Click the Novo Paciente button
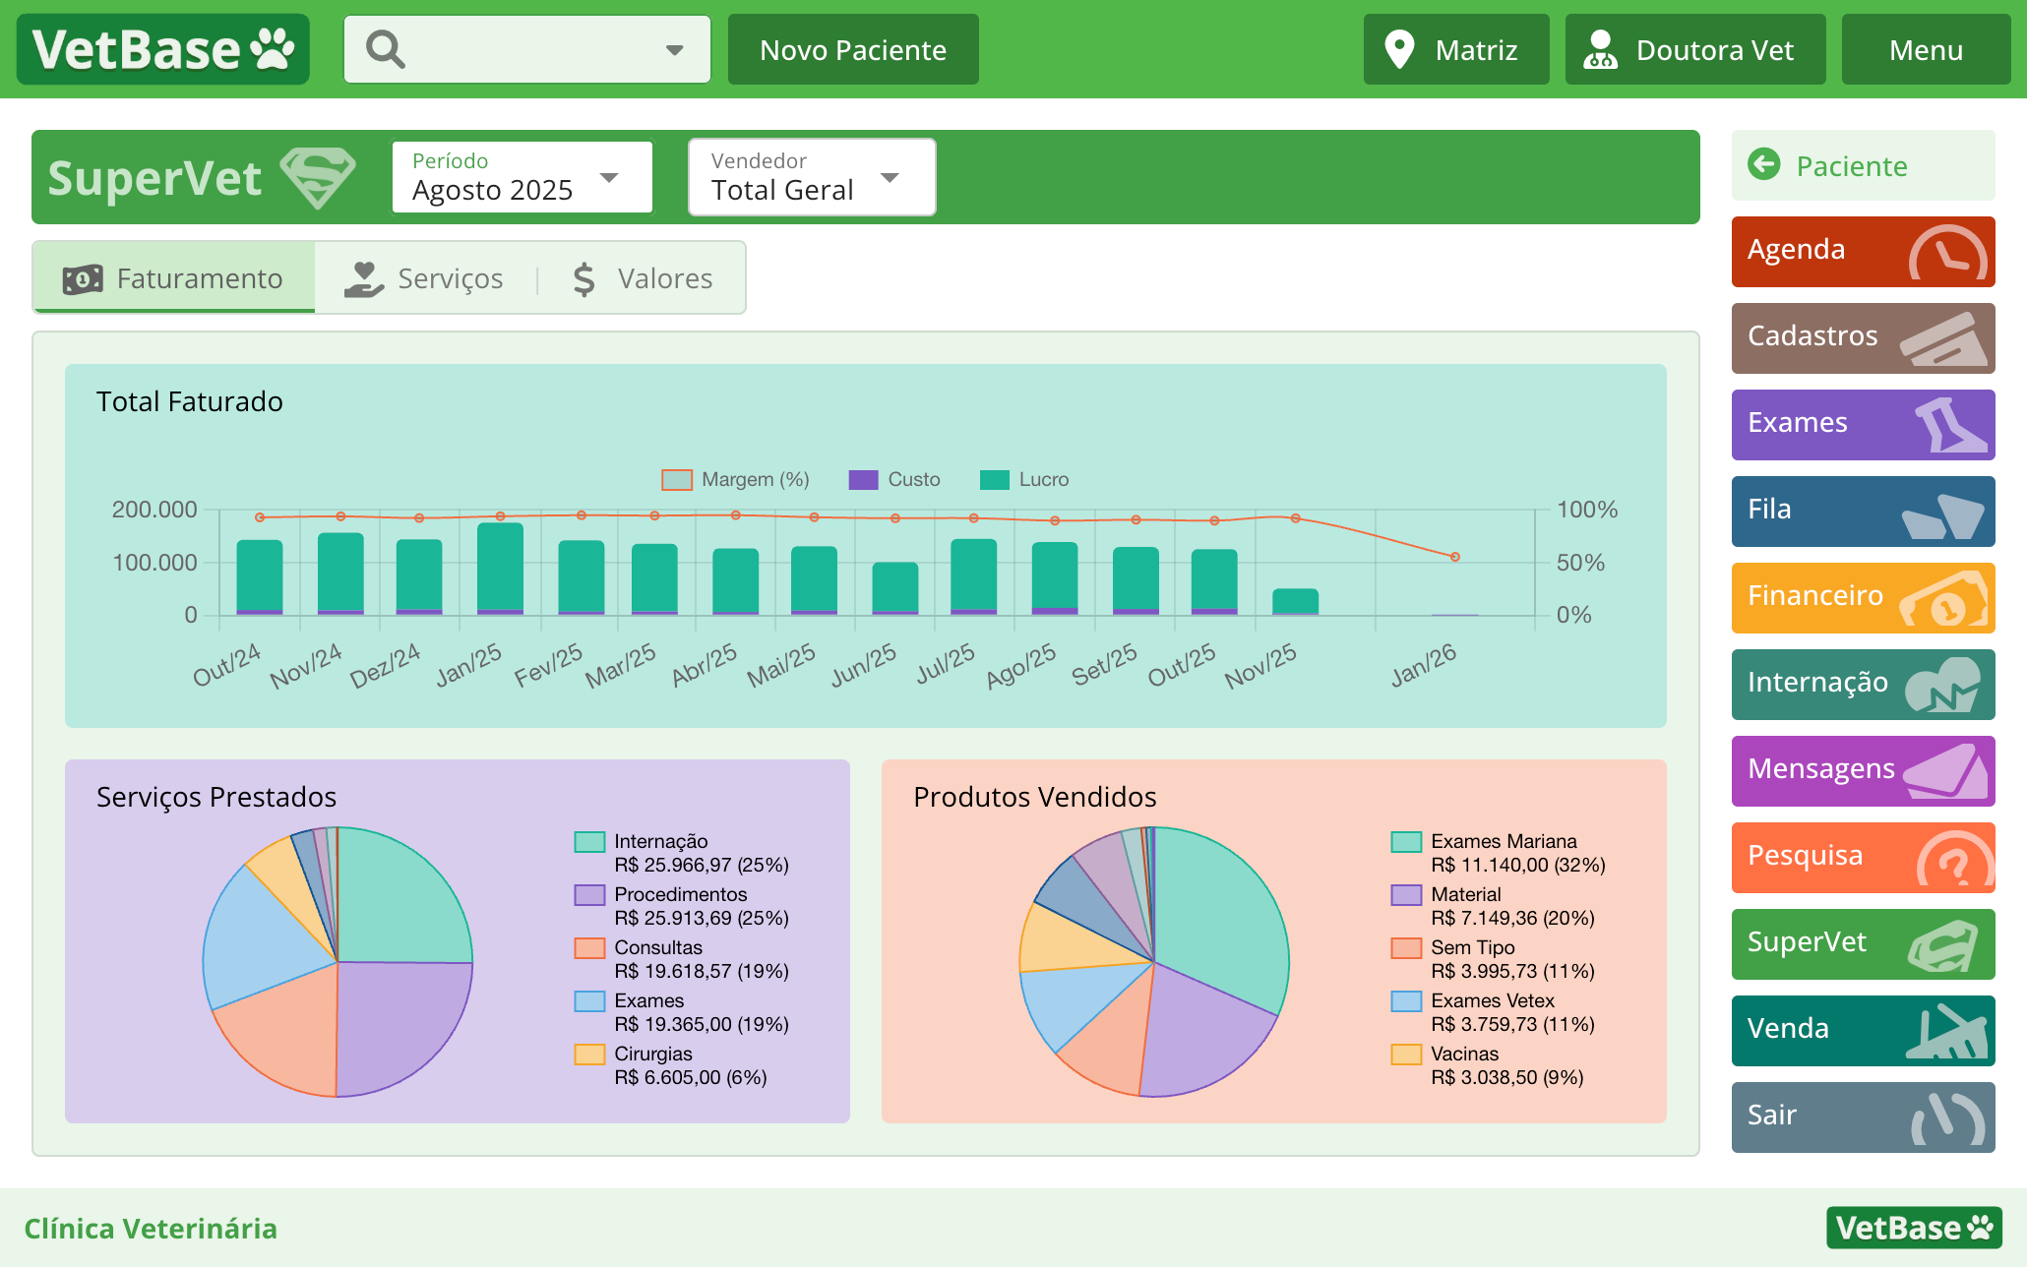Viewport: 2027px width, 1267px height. pos(852,50)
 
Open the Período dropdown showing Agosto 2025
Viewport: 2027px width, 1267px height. pos(522,177)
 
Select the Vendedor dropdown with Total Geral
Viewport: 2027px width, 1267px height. pos(811,177)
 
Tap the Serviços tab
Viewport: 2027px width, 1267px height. pos(425,278)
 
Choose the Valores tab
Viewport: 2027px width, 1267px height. pos(644,278)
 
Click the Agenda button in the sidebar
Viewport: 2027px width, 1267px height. pos(1862,251)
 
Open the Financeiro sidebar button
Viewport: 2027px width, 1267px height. pos(1862,597)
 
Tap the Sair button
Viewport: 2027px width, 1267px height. pos(1862,1116)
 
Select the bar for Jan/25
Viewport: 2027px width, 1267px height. pos(500,569)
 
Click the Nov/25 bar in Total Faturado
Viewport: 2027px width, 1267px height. pos(1295,601)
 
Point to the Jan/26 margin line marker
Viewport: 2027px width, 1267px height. pos(1454,557)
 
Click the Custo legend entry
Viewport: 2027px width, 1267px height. pos(894,479)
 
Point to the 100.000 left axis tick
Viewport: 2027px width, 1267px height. pos(154,563)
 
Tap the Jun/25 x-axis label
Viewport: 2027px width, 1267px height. pos(864,666)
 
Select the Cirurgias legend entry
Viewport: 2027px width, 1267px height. pos(653,1054)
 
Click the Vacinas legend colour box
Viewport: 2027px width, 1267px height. pos(1406,1054)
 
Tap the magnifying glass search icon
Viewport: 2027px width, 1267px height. pos(385,49)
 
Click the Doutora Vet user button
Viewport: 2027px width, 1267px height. pos(1694,50)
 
